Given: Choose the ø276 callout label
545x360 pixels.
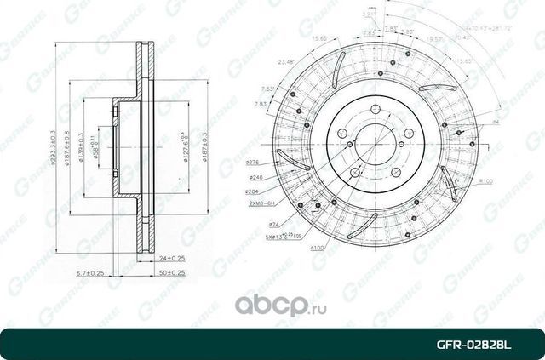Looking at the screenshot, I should point(253,162).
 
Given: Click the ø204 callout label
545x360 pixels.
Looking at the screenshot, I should point(253,192).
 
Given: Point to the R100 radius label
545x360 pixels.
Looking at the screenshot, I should point(487,181).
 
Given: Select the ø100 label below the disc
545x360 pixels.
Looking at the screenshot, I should point(317,248).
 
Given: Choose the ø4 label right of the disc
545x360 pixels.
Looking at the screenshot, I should point(496,123).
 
